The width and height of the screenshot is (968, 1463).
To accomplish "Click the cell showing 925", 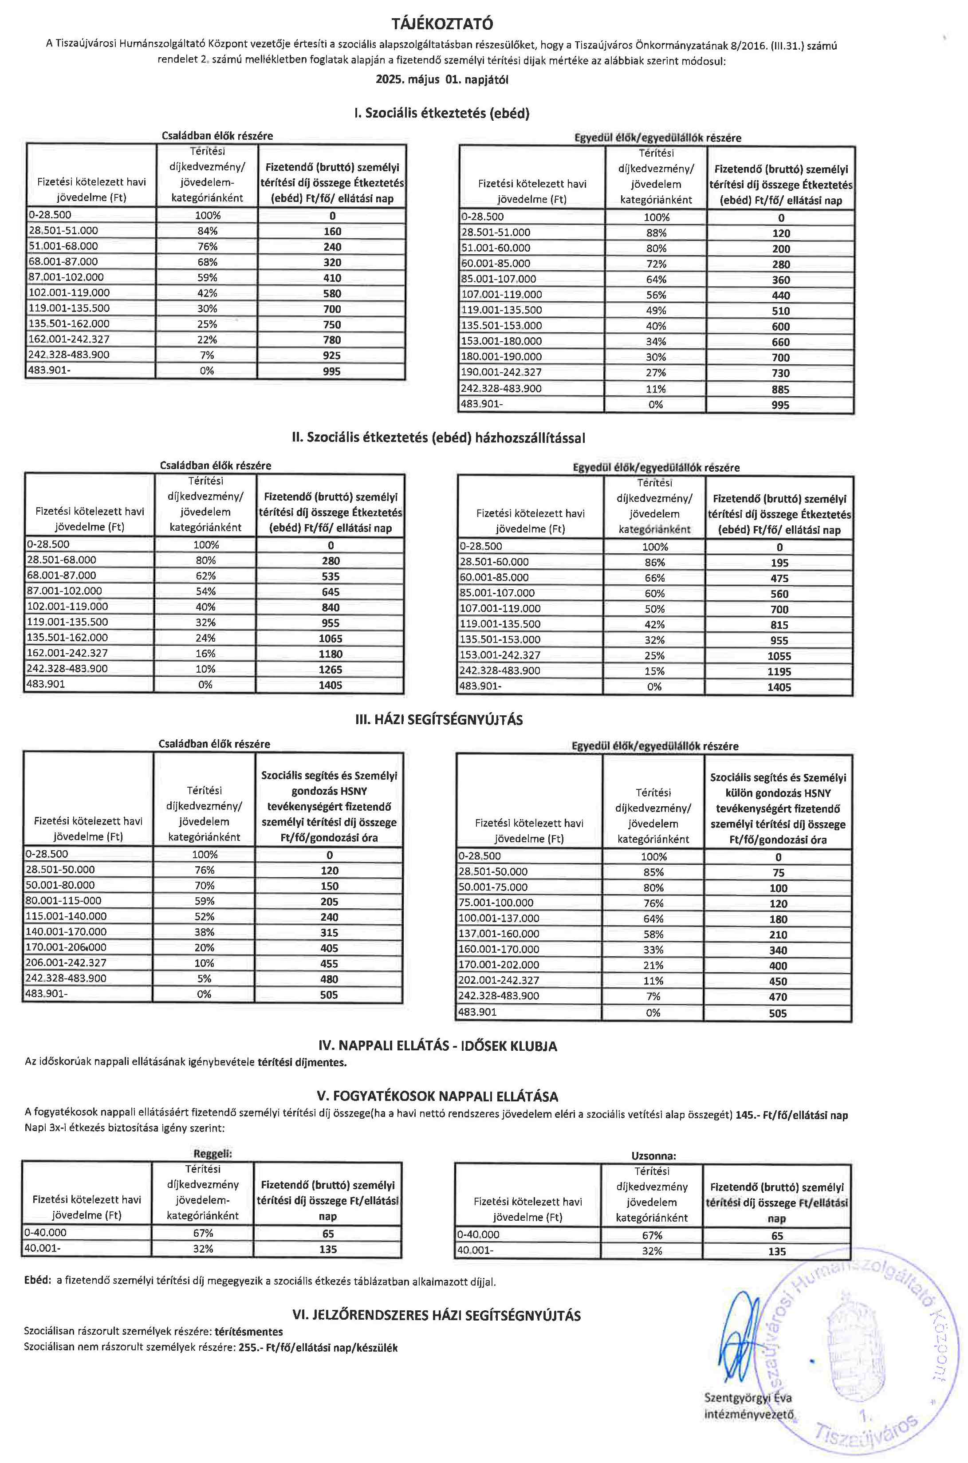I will point(331,355).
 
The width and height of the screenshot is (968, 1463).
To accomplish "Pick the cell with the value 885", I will point(780,390).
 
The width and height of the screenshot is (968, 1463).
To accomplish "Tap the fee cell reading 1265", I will point(330,669).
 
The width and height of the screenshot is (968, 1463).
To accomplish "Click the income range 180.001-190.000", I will point(502,357).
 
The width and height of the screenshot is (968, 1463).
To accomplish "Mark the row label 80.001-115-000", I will point(63,901).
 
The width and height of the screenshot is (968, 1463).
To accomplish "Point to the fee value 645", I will point(330,592).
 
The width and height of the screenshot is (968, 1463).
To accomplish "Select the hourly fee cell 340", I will point(778,950).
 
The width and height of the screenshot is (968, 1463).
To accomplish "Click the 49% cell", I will point(656,310).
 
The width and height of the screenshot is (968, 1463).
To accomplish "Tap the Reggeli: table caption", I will point(212,1153).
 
